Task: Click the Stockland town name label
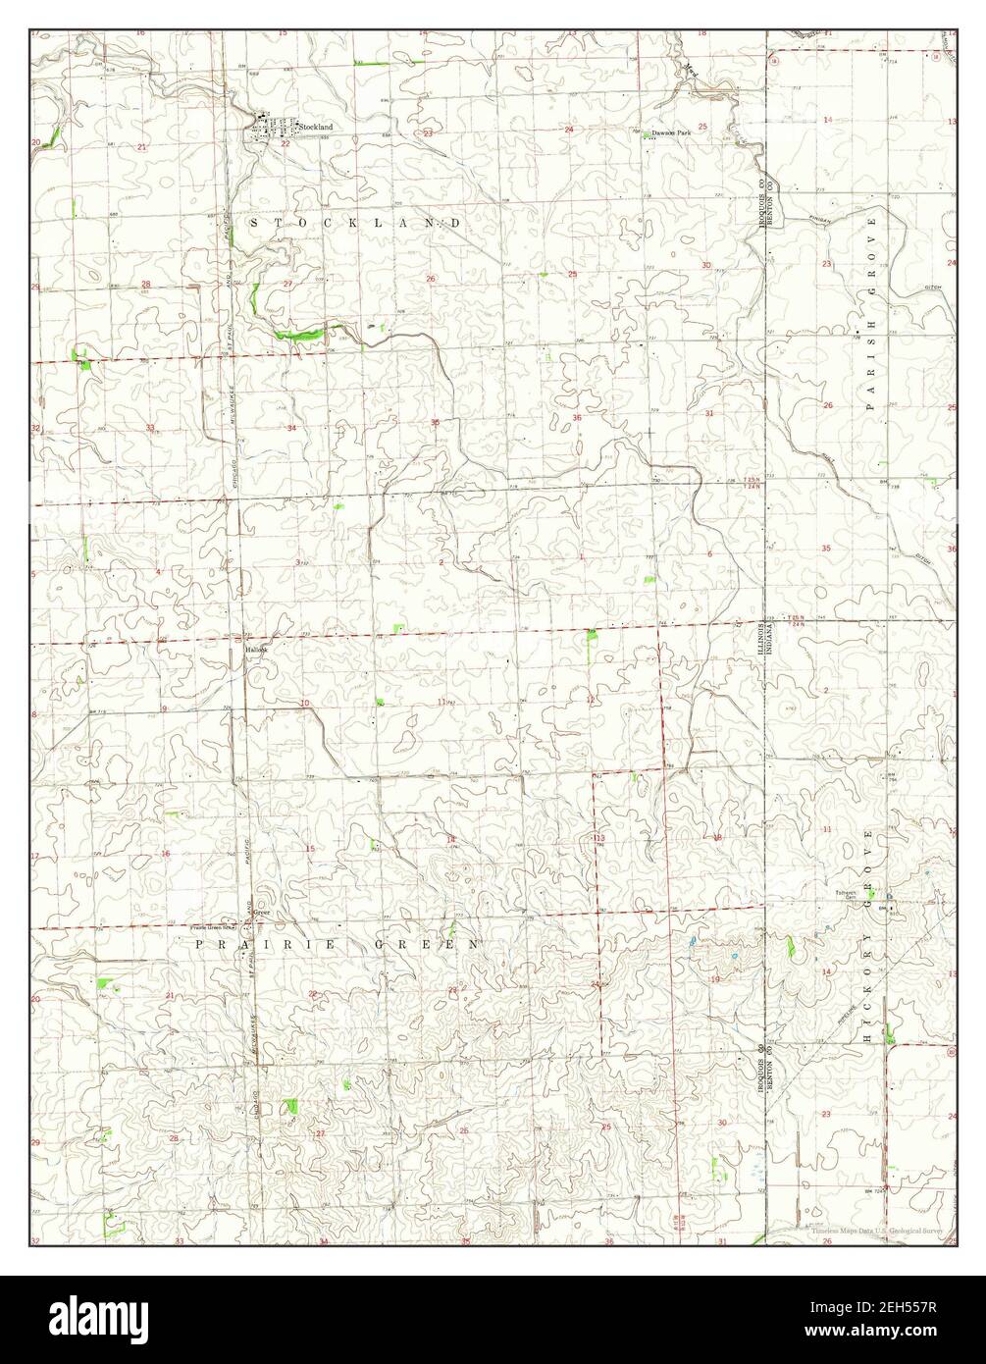coord(316,128)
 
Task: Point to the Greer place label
coord(261,912)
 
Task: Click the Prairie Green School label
coord(214,926)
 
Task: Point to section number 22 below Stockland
coord(285,144)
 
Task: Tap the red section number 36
coord(577,419)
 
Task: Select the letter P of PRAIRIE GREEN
coord(199,944)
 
